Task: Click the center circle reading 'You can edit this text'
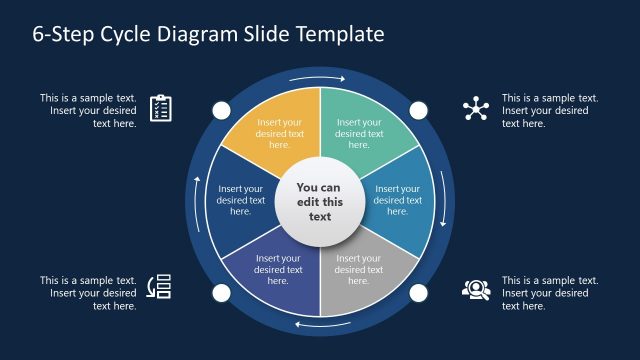(x=319, y=202)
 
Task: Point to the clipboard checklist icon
(x=161, y=108)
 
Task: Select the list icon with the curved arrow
(x=160, y=287)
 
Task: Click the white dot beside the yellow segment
(x=220, y=109)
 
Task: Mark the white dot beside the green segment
(x=418, y=109)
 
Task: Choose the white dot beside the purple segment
(x=220, y=293)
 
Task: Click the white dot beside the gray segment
(x=418, y=293)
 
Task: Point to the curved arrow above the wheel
(x=319, y=77)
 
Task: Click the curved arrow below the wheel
(x=319, y=325)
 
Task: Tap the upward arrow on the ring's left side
(x=197, y=200)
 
